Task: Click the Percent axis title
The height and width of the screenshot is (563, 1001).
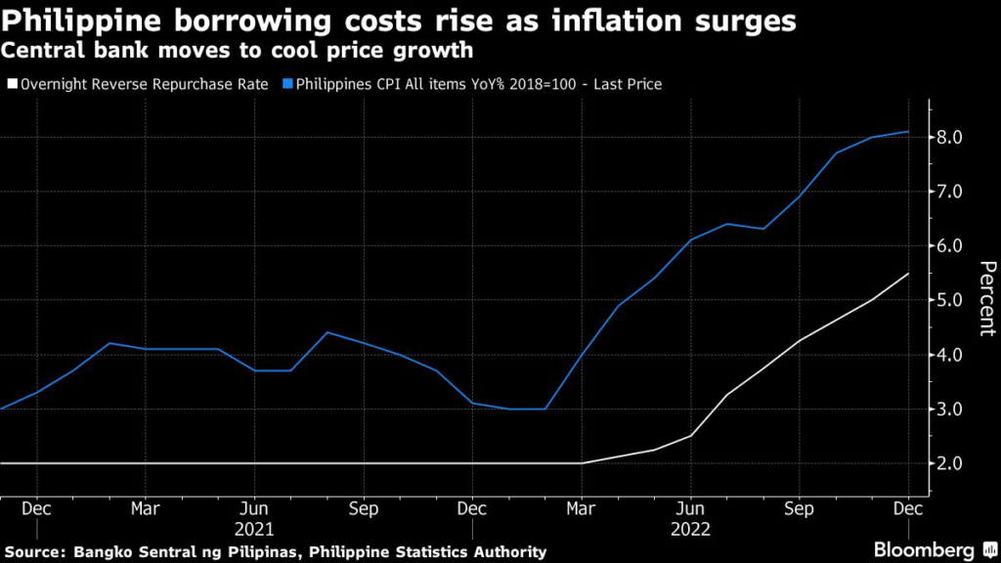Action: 987,298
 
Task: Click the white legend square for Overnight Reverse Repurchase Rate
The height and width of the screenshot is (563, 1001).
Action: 13,85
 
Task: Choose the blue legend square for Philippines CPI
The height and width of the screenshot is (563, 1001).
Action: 289,85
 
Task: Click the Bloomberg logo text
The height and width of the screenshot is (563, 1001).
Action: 928,549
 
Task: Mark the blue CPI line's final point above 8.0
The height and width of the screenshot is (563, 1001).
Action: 908,132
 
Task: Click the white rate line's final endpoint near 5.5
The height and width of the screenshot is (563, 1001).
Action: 908,274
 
